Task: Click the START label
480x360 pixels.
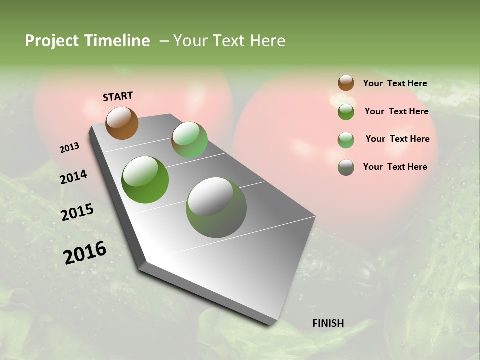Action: coord(118,96)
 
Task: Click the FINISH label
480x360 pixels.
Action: coord(328,323)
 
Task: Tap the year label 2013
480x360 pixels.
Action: coord(69,148)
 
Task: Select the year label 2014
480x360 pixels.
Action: coord(73,177)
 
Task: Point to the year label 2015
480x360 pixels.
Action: coord(77,212)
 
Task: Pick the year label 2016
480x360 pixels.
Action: coord(85,253)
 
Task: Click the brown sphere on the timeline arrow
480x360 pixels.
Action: coord(122,123)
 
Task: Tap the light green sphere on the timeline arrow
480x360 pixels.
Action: coord(189,140)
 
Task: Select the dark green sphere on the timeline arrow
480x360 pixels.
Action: coord(145,180)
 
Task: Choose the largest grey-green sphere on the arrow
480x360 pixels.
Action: coord(216,207)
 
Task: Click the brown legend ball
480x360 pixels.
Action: coord(346,83)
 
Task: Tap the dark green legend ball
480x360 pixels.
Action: coord(346,112)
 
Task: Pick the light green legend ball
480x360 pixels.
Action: coord(346,140)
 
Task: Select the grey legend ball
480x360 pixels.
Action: coord(346,167)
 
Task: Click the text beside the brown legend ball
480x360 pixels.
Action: coord(395,84)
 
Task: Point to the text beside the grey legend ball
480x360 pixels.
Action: coord(395,167)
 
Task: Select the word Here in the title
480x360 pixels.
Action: coord(267,41)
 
